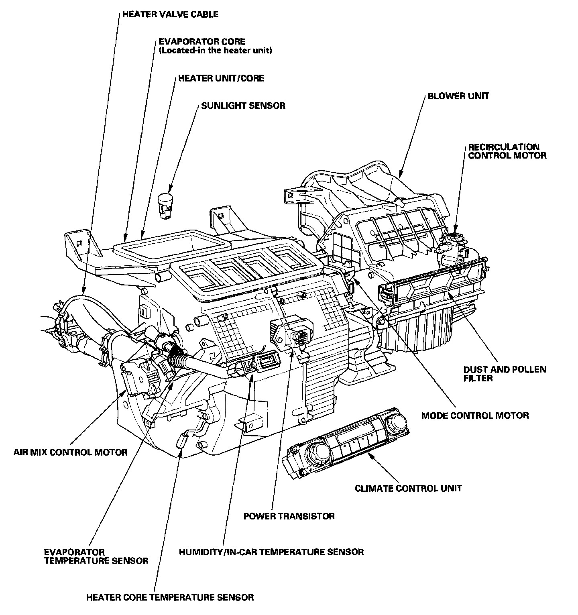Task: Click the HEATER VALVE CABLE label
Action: (x=170, y=14)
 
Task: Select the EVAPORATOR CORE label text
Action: (x=202, y=41)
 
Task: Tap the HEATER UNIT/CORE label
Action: (x=221, y=78)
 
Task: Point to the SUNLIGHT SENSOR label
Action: (x=243, y=106)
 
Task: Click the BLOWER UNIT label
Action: (x=458, y=96)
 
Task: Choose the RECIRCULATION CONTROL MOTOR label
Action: (x=507, y=151)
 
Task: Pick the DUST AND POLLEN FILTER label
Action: (x=505, y=374)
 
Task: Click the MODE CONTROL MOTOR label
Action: (x=475, y=415)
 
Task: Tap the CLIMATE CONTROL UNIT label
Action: (x=408, y=488)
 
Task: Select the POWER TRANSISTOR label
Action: (x=289, y=516)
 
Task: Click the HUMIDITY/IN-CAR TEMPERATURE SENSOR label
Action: (x=271, y=552)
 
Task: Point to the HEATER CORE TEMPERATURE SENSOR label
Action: (x=170, y=597)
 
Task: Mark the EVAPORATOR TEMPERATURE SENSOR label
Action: (x=96, y=556)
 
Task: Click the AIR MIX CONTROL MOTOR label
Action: (x=70, y=452)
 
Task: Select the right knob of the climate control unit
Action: (x=397, y=422)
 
